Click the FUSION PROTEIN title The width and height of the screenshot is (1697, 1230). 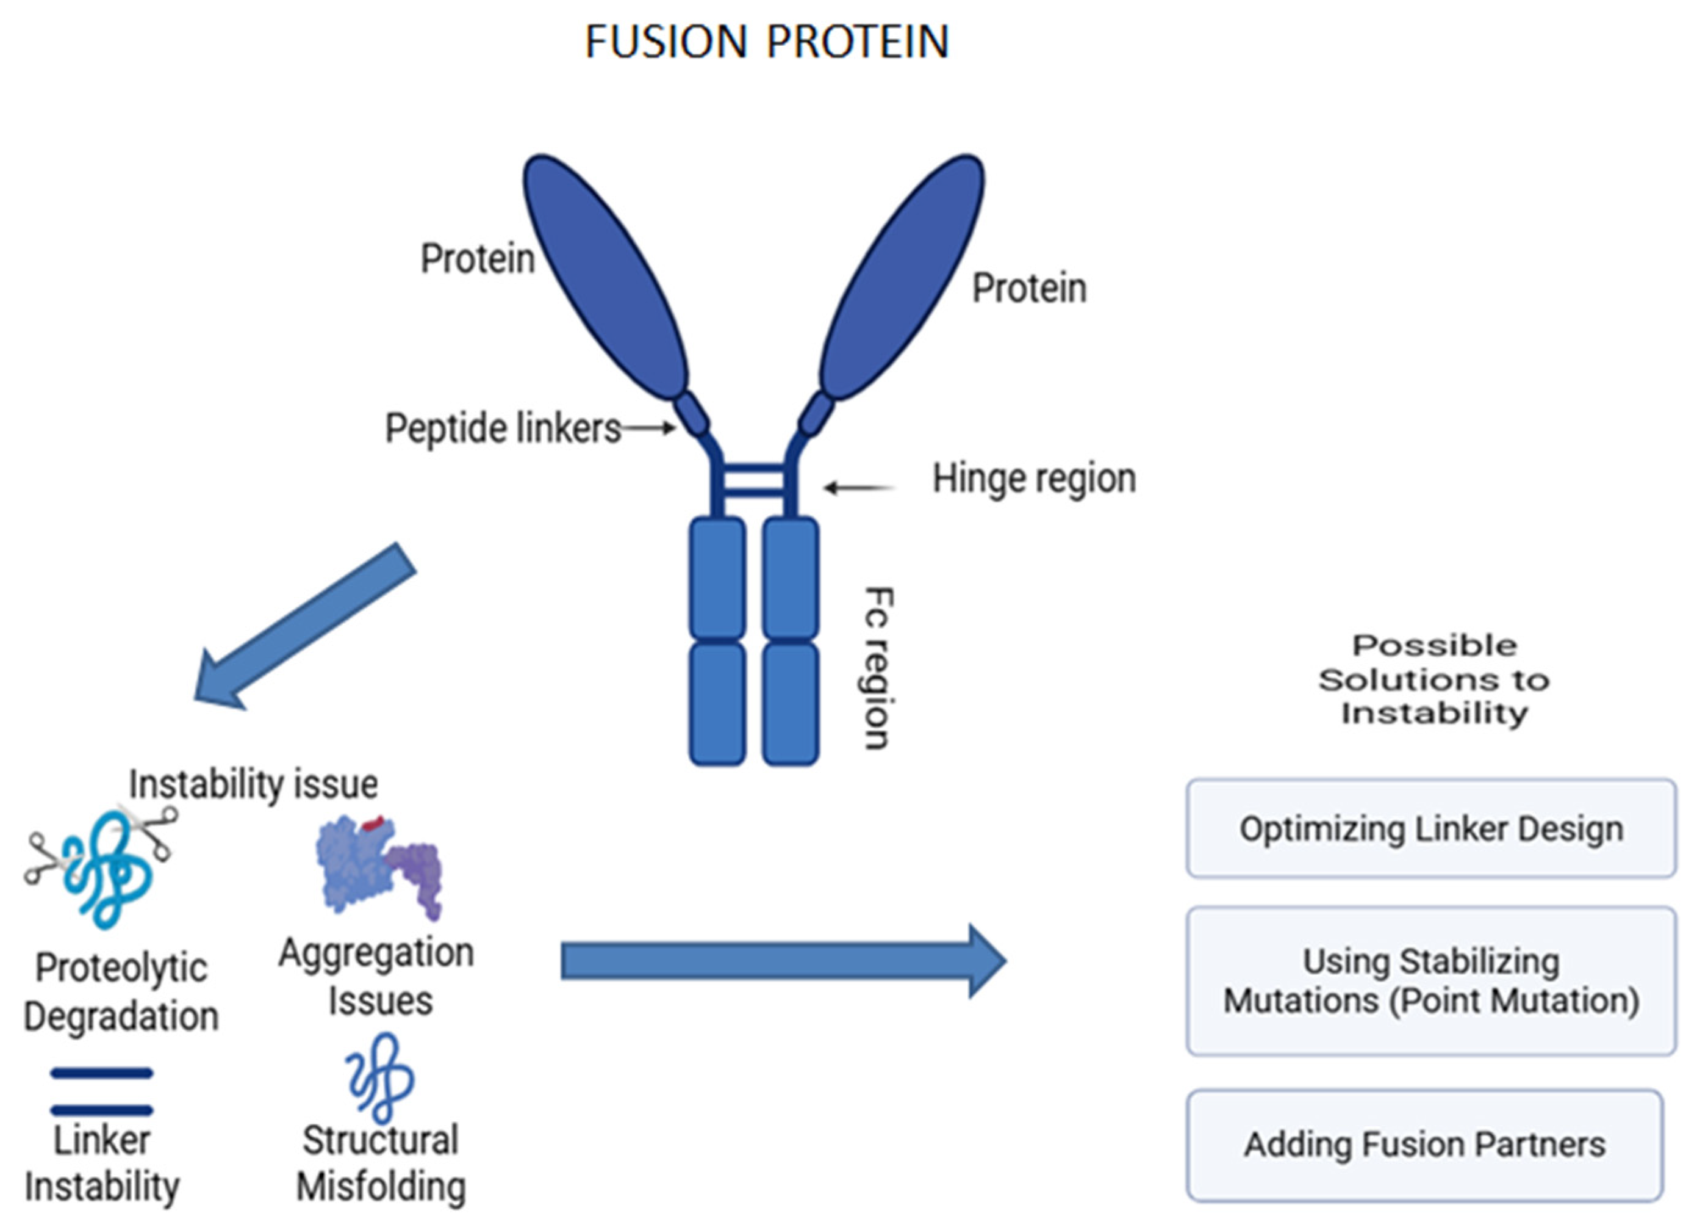pyautogui.click(x=766, y=42)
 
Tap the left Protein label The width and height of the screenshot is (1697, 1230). pyautogui.click(x=478, y=259)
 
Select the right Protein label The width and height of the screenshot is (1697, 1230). pyautogui.click(x=1029, y=289)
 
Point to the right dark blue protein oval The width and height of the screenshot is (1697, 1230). pyautogui.click(x=902, y=277)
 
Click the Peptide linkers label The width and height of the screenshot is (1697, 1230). pyautogui.click(x=503, y=429)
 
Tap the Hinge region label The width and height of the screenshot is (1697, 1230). pyautogui.click(x=1034, y=479)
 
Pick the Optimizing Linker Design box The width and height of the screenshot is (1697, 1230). pyautogui.click(x=1430, y=829)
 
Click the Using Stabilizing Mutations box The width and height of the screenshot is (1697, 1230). pyautogui.click(x=1430, y=981)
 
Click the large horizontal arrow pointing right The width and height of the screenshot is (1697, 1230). pyautogui.click(x=782, y=961)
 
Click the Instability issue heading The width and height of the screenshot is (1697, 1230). pyautogui.click(x=254, y=784)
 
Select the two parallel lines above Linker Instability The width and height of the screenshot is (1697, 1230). pyautogui.click(x=102, y=1092)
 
